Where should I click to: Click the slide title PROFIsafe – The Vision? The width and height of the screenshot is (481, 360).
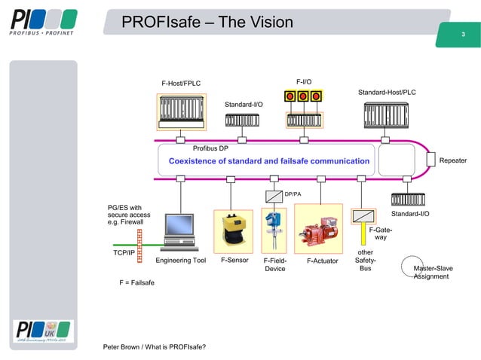(x=208, y=23)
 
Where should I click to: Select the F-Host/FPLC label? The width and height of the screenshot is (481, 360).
(x=181, y=83)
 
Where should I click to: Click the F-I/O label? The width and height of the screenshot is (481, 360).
(x=304, y=81)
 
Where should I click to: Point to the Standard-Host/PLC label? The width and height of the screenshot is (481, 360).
(x=387, y=92)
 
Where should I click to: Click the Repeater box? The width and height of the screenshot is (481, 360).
(x=452, y=160)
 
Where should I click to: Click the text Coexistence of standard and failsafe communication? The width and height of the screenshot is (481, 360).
(x=269, y=161)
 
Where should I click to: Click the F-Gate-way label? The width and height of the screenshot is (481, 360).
(x=380, y=233)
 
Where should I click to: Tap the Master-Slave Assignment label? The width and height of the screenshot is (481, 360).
(x=434, y=272)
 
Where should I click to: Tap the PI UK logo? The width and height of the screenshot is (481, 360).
(x=43, y=331)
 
